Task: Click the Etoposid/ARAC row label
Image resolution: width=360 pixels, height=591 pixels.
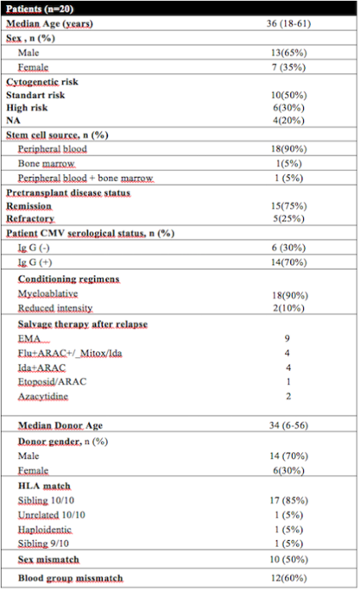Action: (54, 382)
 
